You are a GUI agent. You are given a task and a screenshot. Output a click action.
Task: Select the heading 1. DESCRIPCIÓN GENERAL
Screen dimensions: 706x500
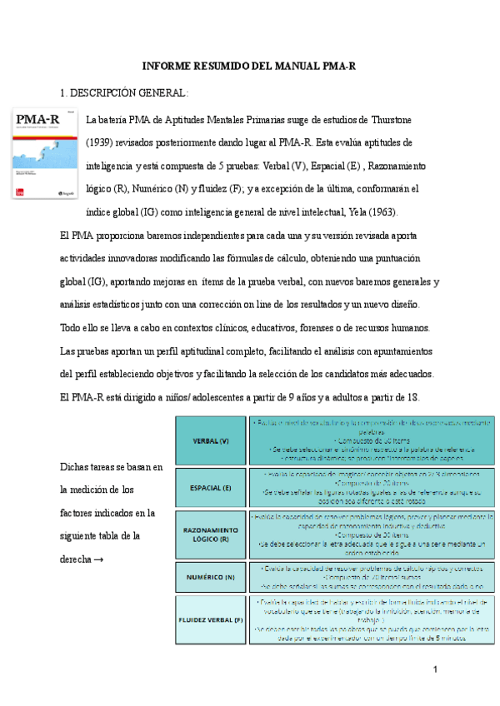(x=124, y=92)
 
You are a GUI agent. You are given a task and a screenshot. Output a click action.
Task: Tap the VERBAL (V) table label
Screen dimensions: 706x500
(x=211, y=440)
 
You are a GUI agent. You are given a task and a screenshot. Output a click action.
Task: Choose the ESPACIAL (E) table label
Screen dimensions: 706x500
(x=211, y=487)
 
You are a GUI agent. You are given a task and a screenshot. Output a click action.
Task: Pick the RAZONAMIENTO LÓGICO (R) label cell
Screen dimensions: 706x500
(x=211, y=534)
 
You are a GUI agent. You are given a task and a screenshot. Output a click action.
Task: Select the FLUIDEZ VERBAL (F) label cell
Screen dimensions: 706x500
(x=211, y=620)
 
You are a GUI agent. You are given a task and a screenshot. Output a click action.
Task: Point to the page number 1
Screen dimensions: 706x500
(x=436, y=670)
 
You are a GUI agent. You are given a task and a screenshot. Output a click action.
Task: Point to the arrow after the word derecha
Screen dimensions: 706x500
(x=98, y=560)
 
